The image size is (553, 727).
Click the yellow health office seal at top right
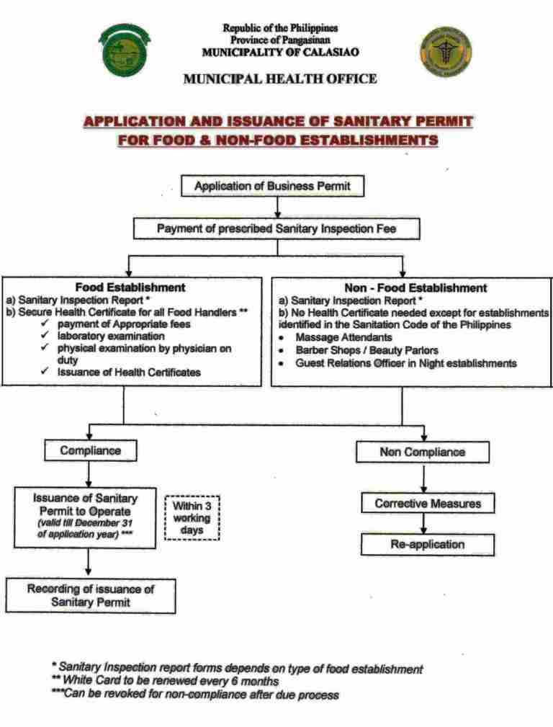click(446, 53)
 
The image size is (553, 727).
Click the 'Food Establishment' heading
click(130, 287)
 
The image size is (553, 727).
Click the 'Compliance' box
click(90, 451)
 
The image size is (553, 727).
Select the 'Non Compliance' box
click(422, 452)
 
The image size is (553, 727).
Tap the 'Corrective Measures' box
click(428, 503)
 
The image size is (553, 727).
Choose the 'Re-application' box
click(428, 544)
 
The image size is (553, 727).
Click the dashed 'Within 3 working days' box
click(192, 517)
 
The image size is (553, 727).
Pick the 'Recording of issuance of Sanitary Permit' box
click(91, 595)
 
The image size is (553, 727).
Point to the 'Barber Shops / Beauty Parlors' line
click(367, 350)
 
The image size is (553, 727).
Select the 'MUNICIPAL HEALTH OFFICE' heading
click(280, 79)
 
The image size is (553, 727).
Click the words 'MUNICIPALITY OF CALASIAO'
click(280, 52)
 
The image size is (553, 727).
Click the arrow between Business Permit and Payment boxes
click(277, 208)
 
